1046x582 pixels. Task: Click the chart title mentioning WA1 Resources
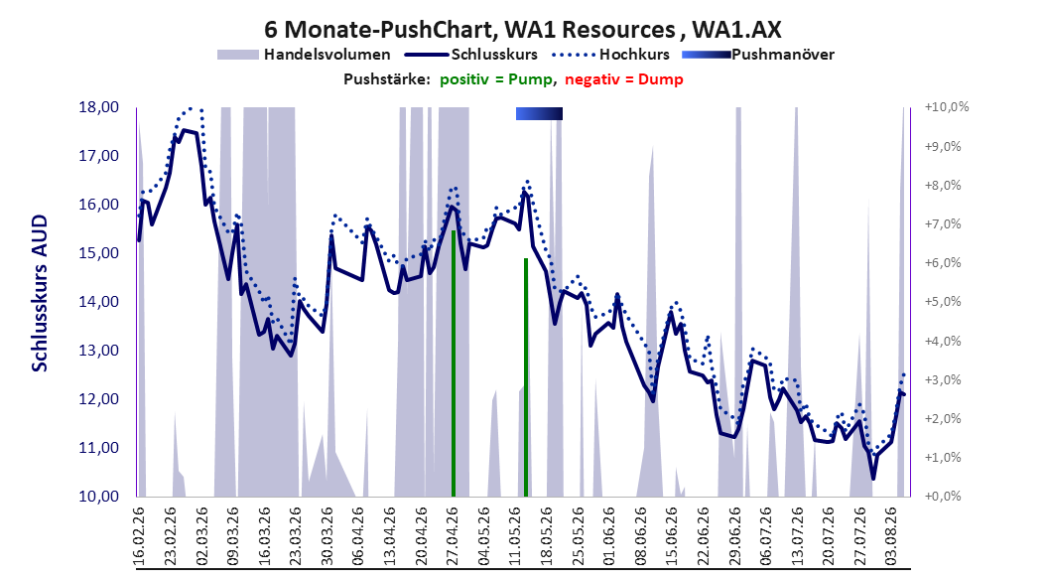pyautogui.click(x=522, y=30)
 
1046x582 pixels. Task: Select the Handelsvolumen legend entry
pyautogui.click(x=305, y=55)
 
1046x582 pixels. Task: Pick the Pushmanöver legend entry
pyautogui.click(x=758, y=55)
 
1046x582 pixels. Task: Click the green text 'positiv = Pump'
pyautogui.click(x=496, y=79)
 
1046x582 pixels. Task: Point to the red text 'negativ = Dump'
pyautogui.click(x=624, y=79)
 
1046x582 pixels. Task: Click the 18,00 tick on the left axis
pyautogui.click(x=98, y=107)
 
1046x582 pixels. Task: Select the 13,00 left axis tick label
pyautogui.click(x=98, y=351)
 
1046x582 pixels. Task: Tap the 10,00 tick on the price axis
pyautogui.click(x=98, y=496)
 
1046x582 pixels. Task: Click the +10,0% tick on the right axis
pyautogui.click(x=947, y=107)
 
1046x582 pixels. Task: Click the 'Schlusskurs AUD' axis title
pyautogui.click(x=40, y=293)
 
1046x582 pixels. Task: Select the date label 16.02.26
pyautogui.click(x=139, y=536)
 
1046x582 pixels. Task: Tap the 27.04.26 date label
pyautogui.click(x=453, y=536)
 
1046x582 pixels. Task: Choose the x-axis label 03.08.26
pyautogui.click(x=890, y=536)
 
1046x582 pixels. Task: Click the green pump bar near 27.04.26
pyautogui.click(x=454, y=364)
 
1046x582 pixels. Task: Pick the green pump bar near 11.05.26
pyautogui.click(x=526, y=377)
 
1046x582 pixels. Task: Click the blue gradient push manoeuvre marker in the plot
pyautogui.click(x=539, y=114)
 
